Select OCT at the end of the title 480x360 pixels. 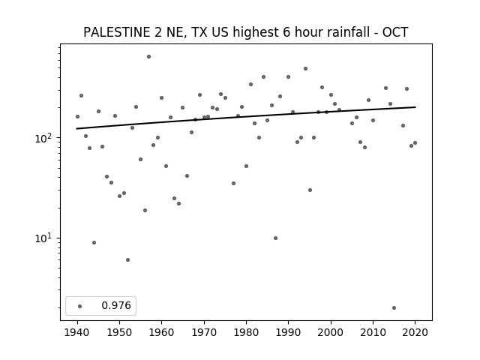pos(395,32)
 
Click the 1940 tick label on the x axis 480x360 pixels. pos(77,332)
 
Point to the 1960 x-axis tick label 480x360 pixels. pos(162,332)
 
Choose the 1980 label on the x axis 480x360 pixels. pos(246,332)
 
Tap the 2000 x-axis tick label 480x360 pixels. pos(331,332)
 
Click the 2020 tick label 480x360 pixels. pos(415,332)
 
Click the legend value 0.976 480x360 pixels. pos(116,305)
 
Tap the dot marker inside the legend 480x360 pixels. pos(80,306)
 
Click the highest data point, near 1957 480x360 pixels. pos(148,57)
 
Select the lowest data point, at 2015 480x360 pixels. pos(394,307)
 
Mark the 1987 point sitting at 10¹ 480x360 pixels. pos(275,238)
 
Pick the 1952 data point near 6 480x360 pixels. pos(128,260)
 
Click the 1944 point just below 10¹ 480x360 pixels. pos(94,243)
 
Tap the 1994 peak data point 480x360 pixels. pos(305,68)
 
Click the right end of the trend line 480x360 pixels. pos(415,107)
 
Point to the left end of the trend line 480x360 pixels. pos(76,128)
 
